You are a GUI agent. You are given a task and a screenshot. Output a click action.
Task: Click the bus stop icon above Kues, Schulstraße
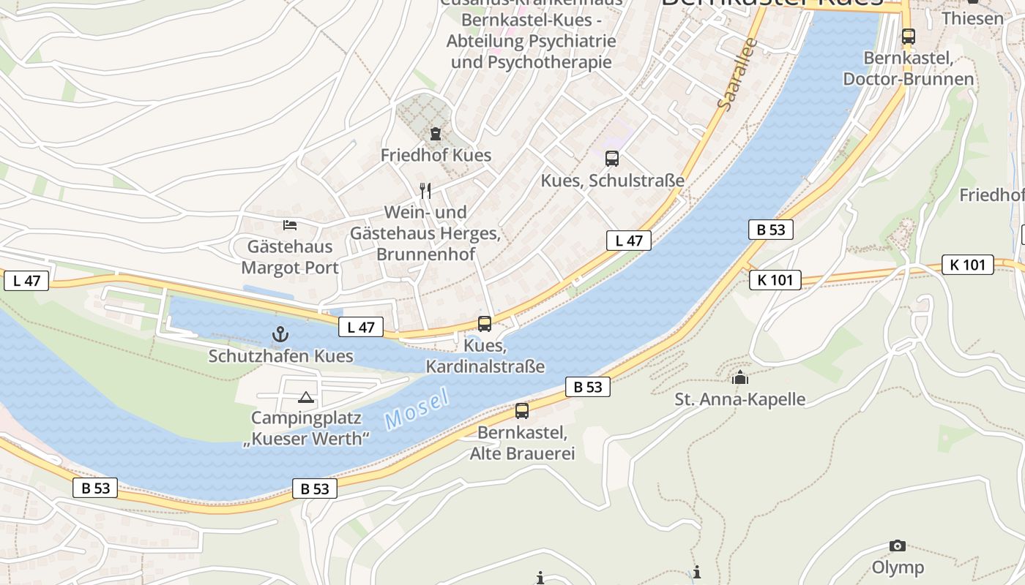point(611,158)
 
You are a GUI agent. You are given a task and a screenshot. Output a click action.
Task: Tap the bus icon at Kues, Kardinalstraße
point(485,323)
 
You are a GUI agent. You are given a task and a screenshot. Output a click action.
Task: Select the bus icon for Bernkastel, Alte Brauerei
point(522,411)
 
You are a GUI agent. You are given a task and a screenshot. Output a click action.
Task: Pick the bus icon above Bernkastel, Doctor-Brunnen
point(909,36)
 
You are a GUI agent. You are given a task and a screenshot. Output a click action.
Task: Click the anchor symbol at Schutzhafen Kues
point(280,335)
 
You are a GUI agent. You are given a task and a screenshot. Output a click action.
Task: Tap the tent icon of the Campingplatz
point(306,398)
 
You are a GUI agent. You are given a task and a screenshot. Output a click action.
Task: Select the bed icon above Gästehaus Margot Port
point(290,224)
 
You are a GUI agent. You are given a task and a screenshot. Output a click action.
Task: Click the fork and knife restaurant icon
point(425,191)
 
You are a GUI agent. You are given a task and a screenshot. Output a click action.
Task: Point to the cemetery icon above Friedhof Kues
point(436,134)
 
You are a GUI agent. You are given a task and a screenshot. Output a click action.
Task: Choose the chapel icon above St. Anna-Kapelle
point(740,378)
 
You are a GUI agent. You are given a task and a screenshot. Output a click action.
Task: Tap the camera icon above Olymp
point(898,546)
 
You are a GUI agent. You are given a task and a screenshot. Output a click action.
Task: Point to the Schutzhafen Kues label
point(281,356)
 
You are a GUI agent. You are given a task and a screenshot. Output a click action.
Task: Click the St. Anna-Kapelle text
point(740,399)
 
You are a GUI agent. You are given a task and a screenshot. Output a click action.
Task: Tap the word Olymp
point(898,567)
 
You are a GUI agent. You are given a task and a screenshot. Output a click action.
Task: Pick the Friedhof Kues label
point(436,155)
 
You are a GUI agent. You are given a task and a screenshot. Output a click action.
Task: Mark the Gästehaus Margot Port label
point(290,257)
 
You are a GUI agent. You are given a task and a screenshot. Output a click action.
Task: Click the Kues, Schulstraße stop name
point(612,180)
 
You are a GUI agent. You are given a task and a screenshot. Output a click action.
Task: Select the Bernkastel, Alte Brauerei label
point(522,442)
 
